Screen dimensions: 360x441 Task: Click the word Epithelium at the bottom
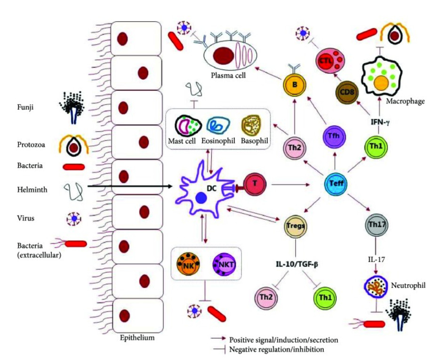(136, 337)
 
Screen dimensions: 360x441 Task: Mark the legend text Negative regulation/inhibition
(276, 350)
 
